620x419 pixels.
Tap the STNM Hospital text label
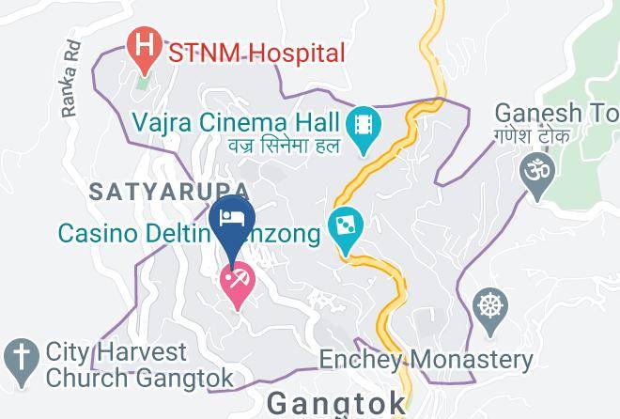[x=256, y=53]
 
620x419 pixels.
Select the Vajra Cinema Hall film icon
[x=361, y=126]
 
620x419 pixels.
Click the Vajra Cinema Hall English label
[x=236, y=121]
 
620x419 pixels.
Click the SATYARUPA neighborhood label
[x=157, y=192]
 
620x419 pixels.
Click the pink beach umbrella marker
[x=236, y=281]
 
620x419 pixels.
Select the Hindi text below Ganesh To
[x=549, y=137]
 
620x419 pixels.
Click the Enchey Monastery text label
[x=426, y=360]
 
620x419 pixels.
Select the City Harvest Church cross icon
[x=19, y=358]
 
